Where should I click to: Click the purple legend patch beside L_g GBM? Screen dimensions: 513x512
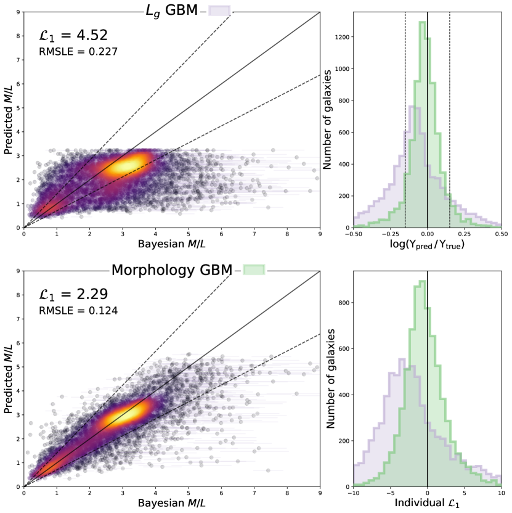pos(219,10)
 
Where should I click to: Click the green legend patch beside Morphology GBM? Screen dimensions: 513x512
pos(254,269)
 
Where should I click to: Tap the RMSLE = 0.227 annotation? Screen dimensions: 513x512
pos(78,52)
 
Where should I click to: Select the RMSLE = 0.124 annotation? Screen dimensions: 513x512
pos(78,310)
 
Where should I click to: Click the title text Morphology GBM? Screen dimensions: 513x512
pos(171,269)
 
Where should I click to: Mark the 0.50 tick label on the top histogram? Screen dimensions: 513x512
pos(501,235)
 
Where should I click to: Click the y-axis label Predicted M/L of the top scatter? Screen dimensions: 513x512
pos(8,120)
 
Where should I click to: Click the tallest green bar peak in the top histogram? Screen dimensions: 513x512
pos(422,23)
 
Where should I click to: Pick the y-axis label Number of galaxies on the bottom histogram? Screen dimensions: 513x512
pos(330,379)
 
